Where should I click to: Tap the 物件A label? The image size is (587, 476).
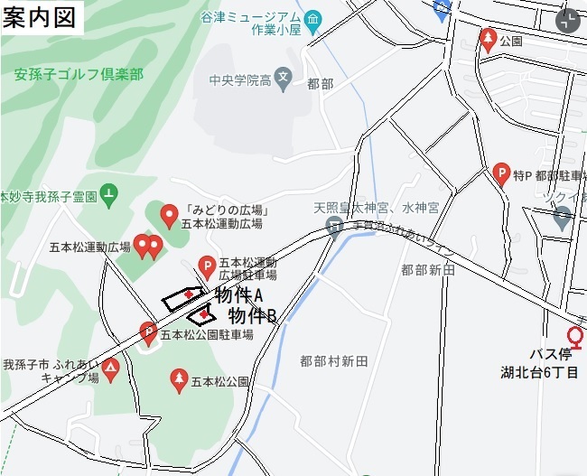pos(238,295)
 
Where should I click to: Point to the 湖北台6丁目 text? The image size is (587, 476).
pos(540,371)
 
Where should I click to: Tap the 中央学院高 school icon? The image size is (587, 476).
pos(284,77)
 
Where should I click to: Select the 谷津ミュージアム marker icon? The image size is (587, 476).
pos(313,19)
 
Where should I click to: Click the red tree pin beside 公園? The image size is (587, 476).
pos(488,39)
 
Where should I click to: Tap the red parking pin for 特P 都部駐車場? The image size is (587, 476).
pos(503,173)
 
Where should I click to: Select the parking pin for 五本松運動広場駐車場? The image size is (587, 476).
pos(207,267)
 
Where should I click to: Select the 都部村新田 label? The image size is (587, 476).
pos(334,361)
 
